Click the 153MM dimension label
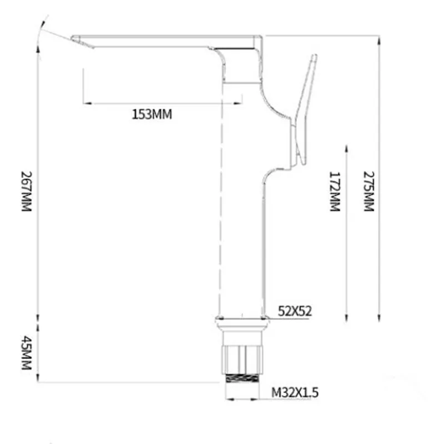tap(152, 114)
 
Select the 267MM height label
tap(27, 191)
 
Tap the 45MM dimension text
tap(27, 353)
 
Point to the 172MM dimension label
tap(335, 191)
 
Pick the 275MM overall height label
tap(369, 191)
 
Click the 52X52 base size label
tap(295, 311)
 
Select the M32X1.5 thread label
tap(295, 392)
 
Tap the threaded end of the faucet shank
tap(242, 378)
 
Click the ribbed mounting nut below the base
tap(242, 359)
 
